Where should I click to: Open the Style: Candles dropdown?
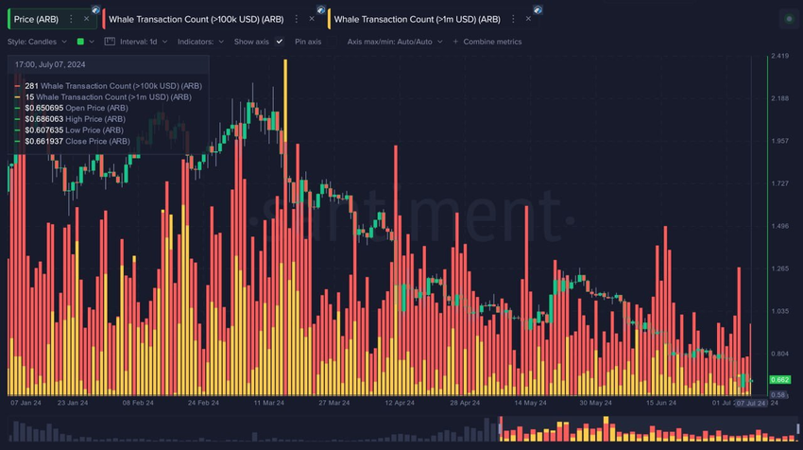(x=38, y=42)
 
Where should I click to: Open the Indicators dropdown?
(x=201, y=42)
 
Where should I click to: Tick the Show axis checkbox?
(x=280, y=42)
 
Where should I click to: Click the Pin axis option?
(x=307, y=42)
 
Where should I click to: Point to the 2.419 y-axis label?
(x=780, y=57)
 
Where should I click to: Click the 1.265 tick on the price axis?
(x=780, y=268)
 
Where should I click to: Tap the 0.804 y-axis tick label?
(x=780, y=354)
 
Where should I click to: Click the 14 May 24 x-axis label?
(x=534, y=402)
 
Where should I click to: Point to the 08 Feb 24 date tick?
(x=138, y=402)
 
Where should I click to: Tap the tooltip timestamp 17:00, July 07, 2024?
(x=49, y=63)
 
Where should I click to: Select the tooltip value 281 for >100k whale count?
(x=32, y=86)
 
